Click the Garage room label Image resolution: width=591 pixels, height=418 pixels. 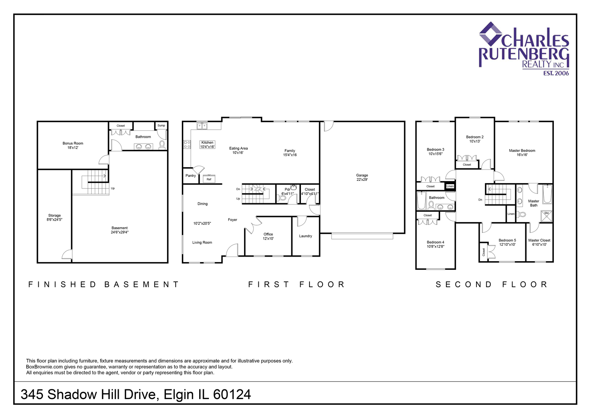(x=362, y=175)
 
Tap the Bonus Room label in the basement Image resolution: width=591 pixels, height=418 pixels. (x=73, y=143)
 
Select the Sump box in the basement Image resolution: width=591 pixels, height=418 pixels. (x=161, y=125)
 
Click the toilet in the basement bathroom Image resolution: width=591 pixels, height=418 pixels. (x=162, y=145)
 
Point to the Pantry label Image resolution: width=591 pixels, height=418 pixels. (x=190, y=176)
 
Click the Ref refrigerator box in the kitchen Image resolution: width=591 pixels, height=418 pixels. (x=209, y=179)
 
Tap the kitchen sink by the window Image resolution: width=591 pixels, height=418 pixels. (x=202, y=126)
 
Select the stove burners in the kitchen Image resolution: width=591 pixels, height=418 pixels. (x=187, y=144)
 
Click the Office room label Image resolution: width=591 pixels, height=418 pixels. (x=268, y=234)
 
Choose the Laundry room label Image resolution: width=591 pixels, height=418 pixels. (x=305, y=236)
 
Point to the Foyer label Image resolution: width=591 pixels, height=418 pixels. (x=232, y=220)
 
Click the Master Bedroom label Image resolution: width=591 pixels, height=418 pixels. (x=522, y=151)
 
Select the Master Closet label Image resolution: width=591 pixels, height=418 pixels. (x=539, y=240)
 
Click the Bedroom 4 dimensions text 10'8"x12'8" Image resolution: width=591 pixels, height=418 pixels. (x=436, y=247)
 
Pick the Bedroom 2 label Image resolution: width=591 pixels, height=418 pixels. (x=475, y=137)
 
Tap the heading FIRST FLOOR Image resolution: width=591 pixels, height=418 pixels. (x=296, y=284)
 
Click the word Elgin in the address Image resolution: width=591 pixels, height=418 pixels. (x=179, y=394)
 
